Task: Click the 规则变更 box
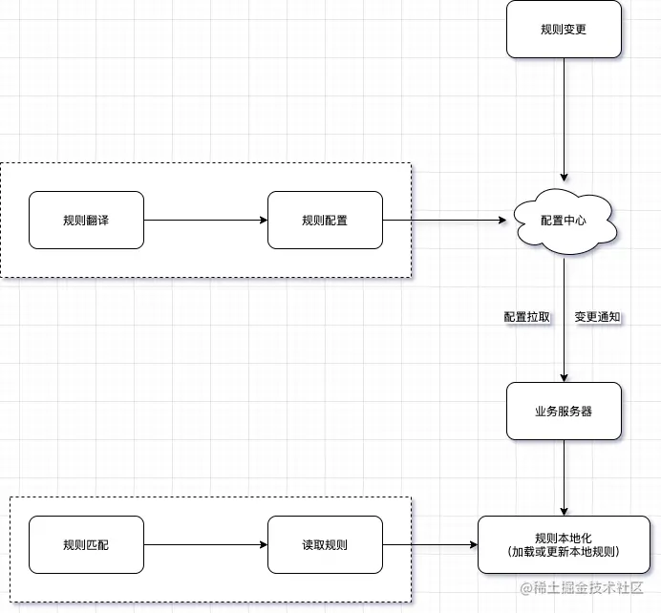coord(564,30)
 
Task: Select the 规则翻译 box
coord(86,221)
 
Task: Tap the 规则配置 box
coord(325,221)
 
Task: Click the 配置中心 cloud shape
coord(564,222)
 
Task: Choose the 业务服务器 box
coord(564,412)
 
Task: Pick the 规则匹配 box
coord(86,545)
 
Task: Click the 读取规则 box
coord(325,545)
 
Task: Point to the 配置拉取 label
coord(527,317)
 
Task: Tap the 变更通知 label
coord(598,317)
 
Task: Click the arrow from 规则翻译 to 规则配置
coord(205,221)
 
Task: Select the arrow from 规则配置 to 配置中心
coord(444,221)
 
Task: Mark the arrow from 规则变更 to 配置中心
coord(565,119)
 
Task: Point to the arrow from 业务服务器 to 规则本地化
coord(565,477)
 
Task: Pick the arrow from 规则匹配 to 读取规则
coord(205,545)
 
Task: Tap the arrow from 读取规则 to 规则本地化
coord(430,545)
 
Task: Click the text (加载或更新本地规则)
coord(564,552)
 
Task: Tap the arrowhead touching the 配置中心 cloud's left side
coord(502,221)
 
